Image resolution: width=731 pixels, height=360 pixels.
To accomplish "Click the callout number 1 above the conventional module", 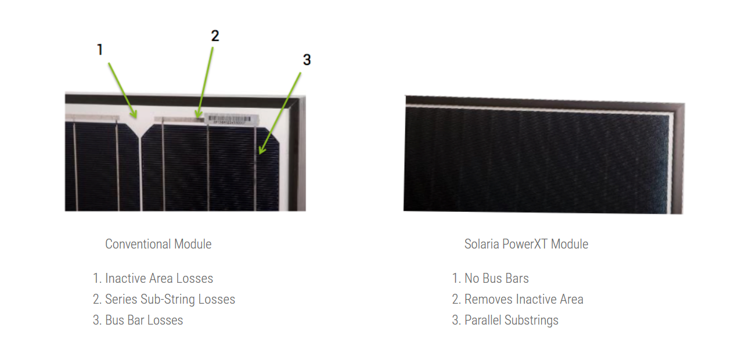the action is (100, 49).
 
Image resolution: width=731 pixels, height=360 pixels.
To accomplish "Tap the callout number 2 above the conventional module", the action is (215, 36).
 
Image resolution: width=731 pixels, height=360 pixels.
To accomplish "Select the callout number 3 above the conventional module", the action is (307, 60).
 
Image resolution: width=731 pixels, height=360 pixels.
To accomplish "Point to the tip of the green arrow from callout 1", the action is (136, 118).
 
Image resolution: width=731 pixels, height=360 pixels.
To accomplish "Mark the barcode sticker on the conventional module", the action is (232, 120).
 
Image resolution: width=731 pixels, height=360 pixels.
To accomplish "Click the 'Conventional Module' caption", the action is (159, 244).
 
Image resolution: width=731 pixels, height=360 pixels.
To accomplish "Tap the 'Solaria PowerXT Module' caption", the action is (526, 244).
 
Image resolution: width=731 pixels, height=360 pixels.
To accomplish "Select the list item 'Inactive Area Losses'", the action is (153, 278).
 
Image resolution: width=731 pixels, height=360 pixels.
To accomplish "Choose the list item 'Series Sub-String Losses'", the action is (164, 299).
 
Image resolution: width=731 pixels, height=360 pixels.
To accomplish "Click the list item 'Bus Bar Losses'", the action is (138, 320).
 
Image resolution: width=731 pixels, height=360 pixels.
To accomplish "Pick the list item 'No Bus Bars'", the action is (490, 278).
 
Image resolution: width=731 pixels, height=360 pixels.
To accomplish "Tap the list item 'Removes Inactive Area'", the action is (517, 299).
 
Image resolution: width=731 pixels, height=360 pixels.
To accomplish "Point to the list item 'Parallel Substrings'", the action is (505, 320).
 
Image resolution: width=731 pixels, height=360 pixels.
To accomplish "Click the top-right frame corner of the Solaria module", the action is (684, 104).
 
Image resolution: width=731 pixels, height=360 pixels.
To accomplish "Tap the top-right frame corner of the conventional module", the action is (305, 96).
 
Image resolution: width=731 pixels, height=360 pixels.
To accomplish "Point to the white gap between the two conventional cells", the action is (141, 170).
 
